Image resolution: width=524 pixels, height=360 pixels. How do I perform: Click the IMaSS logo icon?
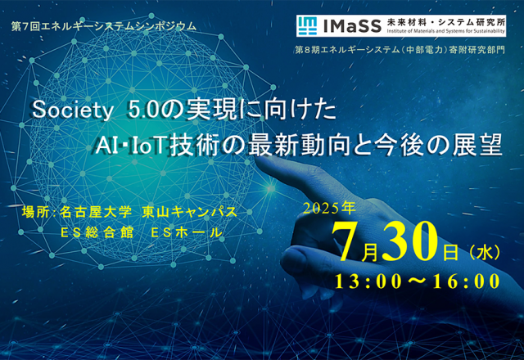307,25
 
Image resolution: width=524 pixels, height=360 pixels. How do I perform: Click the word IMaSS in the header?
352,26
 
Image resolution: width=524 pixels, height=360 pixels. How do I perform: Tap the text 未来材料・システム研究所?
445,22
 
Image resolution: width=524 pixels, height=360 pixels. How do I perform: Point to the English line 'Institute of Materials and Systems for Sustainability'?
445,31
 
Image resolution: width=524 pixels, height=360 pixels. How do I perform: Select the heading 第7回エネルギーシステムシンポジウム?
104,26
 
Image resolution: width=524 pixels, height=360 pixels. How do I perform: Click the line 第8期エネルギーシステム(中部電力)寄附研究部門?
400,50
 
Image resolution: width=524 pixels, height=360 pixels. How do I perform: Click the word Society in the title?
72,110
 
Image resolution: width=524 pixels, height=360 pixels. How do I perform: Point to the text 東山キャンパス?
190,213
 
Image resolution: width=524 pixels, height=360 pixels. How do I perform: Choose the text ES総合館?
97,232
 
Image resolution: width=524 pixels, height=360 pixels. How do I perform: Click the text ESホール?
187,232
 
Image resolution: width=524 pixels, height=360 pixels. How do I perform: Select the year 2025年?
329,209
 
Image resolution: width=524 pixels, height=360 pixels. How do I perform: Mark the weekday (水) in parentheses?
485,253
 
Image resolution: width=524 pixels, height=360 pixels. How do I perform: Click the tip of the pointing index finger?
258,160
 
